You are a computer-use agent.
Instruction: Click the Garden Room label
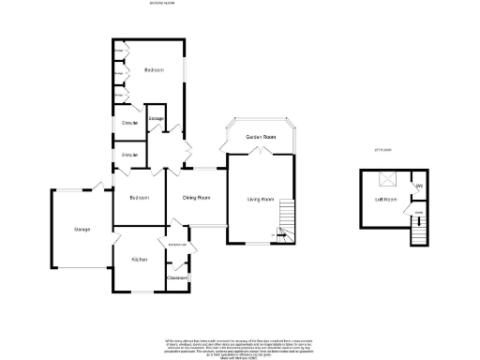[x=261, y=138]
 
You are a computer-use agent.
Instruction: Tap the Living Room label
[x=260, y=199]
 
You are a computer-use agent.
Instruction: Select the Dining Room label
[x=196, y=198]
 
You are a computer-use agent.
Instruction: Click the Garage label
[x=82, y=230]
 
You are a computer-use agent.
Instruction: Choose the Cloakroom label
[x=177, y=277]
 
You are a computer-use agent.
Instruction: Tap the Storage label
[x=157, y=118]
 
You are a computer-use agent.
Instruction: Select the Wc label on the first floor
[x=419, y=187]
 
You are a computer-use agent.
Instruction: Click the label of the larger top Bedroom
[x=154, y=70]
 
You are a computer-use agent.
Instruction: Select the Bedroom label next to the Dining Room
[x=139, y=198]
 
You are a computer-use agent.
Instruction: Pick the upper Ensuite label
[x=129, y=123]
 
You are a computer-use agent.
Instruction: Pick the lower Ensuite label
[x=129, y=155]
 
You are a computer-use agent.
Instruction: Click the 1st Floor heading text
[x=382, y=150]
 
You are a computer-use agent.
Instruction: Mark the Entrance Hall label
[x=177, y=245]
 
